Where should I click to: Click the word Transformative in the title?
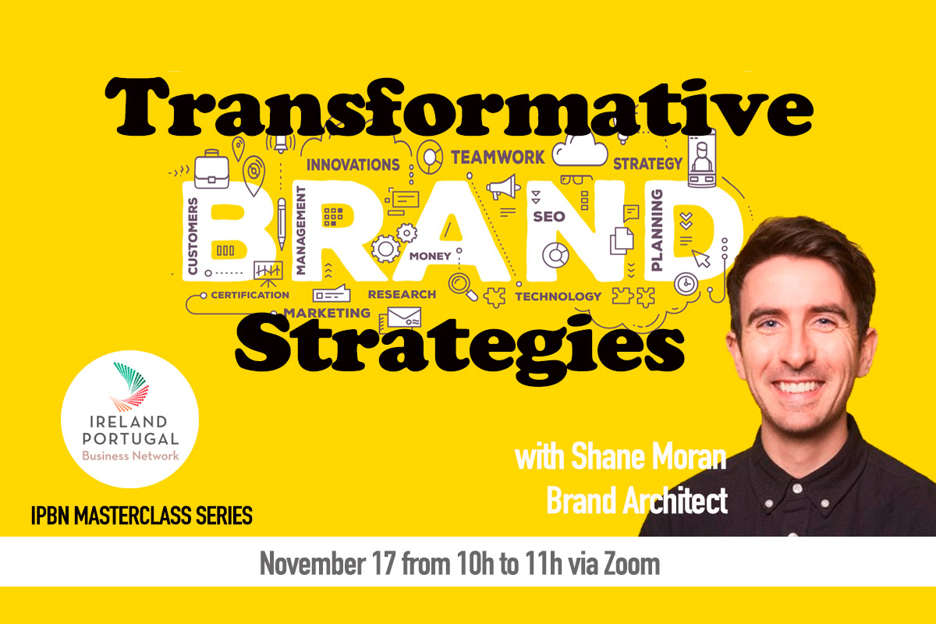point(459,108)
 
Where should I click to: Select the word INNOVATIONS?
point(353,165)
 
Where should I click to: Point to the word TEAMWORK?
point(498,158)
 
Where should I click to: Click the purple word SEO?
point(549,217)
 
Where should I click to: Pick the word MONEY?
point(430,256)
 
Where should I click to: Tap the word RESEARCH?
point(402,294)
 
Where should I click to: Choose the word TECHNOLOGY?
point(558,296)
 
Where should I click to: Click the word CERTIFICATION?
point(250,295)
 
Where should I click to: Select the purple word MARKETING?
point(327,313)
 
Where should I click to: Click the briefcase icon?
point(211,169)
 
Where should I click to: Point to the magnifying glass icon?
point(463,287)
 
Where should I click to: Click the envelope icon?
point(404,317)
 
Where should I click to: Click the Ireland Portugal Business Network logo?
point(130,419)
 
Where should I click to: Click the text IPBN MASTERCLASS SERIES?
point(142,516)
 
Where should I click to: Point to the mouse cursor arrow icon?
point(700,258)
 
